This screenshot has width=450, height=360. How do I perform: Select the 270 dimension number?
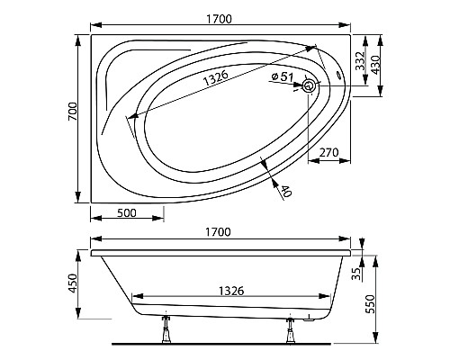[328, 154]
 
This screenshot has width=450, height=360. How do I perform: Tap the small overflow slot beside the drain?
[338, 77]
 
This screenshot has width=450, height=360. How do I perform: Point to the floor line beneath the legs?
[225, 344]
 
